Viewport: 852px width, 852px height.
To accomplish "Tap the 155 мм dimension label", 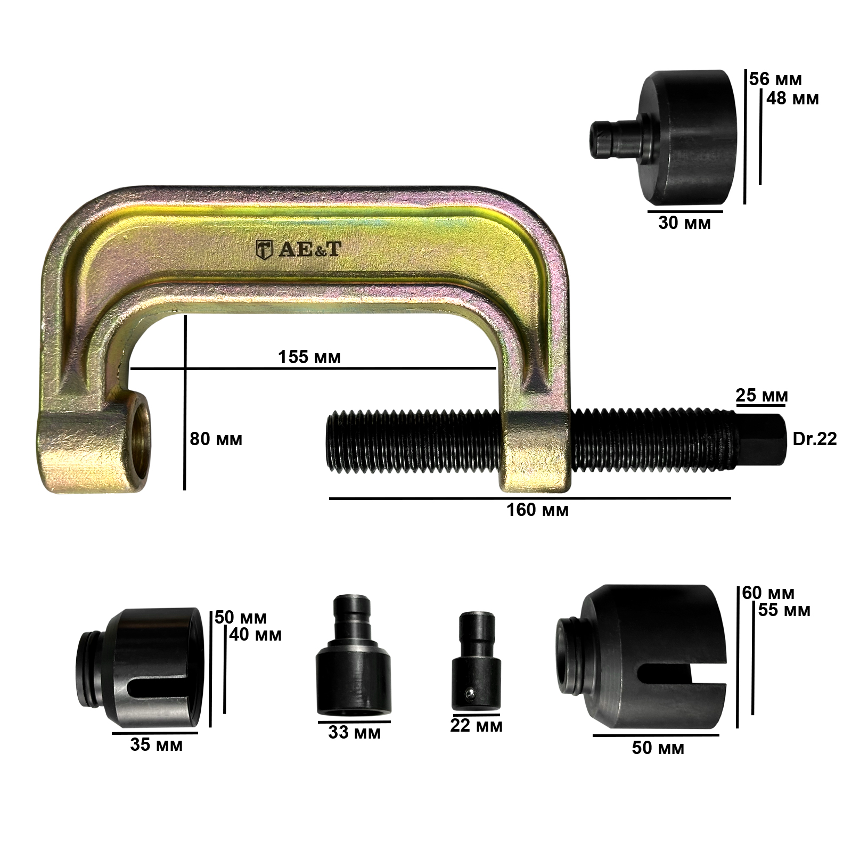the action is pyautogui.click(x=309, y=357).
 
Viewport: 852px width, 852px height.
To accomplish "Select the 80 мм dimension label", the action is pyautogui.click(x=216, y=439).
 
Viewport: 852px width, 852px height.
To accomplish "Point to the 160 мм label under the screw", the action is pyautogui.click(x=538, y=510).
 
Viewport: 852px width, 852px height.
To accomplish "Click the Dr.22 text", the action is pyautogui.click(x=814, y=439).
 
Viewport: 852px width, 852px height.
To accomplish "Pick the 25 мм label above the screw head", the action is pyautogui.click(x=761, y=396).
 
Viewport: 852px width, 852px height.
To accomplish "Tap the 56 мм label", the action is pyautogui.click(x=775, y=79).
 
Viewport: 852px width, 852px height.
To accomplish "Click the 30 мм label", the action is pyautogui.click(x=685, y=223).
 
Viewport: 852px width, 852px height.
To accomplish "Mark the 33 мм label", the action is pyautogui.click(x=355, y=733).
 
